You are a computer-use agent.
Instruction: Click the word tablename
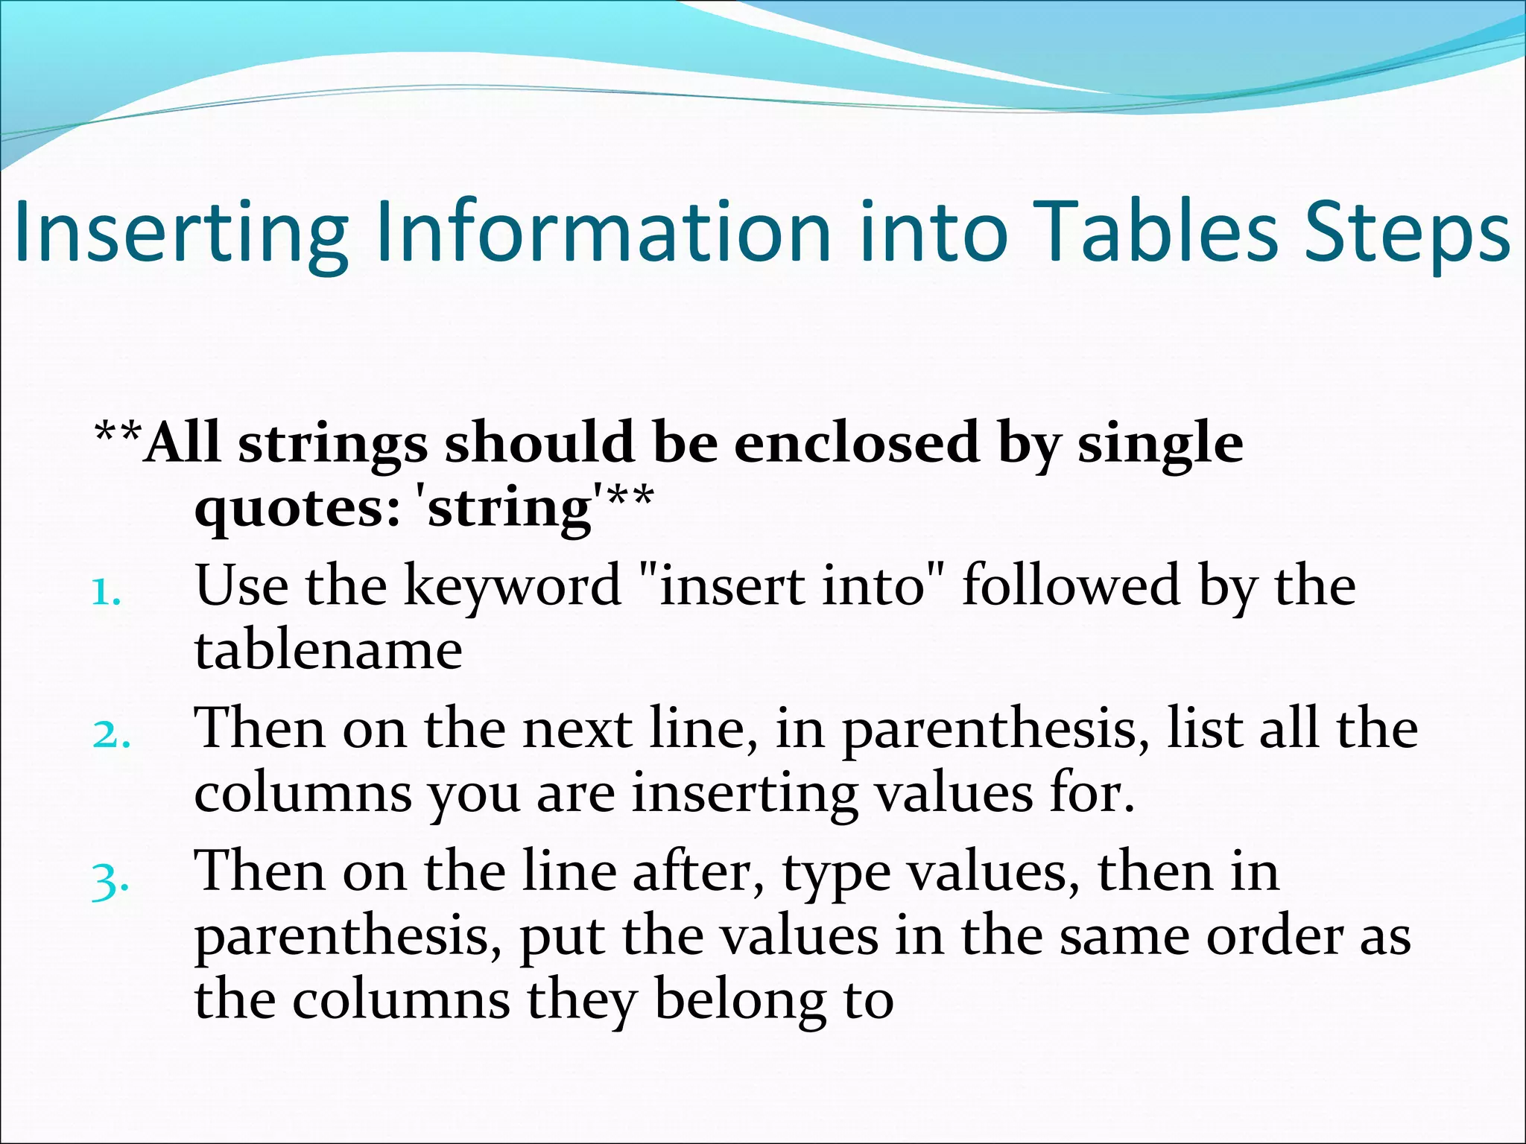pyautogui.click(x=329, y=650)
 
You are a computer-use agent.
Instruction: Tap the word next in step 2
pyautogui.click(x=577, y=729)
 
